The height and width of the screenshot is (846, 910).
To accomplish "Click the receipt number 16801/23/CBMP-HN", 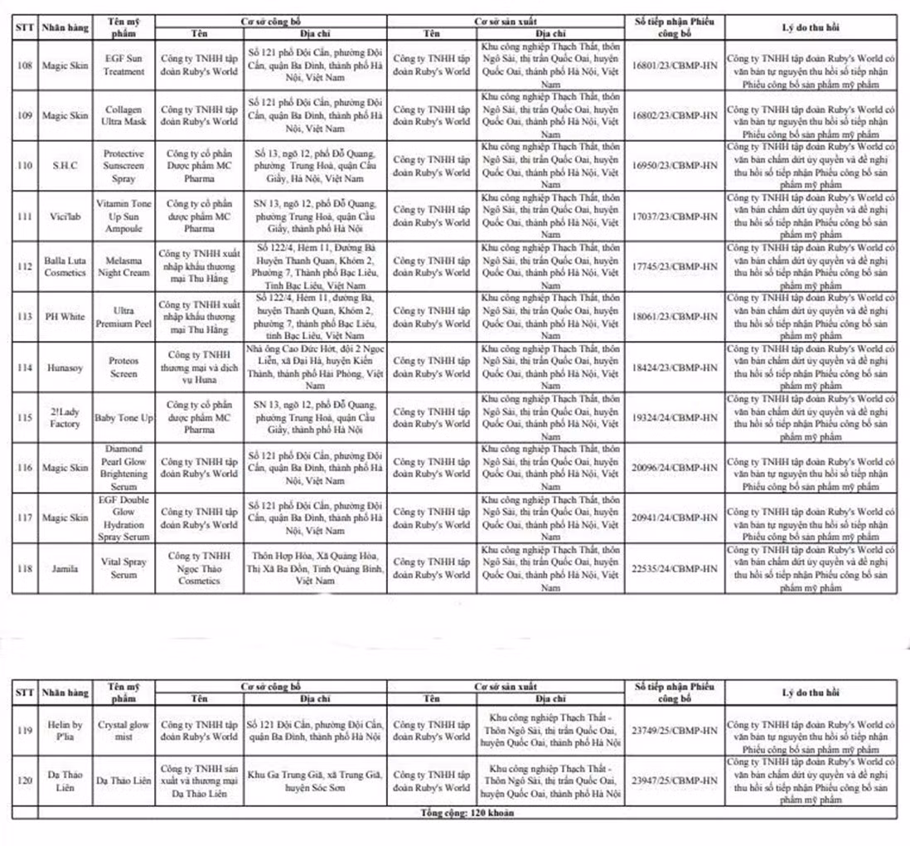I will (x=674, y=66).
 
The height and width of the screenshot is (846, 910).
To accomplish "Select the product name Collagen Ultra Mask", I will (x=123, y=115).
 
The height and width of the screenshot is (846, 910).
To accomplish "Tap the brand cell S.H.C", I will (x=65, y=165).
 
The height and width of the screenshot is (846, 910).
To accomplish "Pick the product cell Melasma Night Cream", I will (x=123, y=266).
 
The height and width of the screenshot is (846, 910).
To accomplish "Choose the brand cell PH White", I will (x=65, y=317).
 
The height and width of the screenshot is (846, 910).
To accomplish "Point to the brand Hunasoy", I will (x=65, y=367).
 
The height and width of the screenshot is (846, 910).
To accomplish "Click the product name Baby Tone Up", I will (x=123, y=418).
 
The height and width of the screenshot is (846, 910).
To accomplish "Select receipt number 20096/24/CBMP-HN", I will (x=674, y=468).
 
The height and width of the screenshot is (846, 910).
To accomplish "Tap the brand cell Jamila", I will (x=65, y=569).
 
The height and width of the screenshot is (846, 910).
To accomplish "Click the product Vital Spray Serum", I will (x=123, y=568).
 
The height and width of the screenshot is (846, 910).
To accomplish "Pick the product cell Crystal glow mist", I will (x=123, y=730).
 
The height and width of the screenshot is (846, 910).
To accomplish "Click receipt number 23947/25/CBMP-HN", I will (x=674, y=780).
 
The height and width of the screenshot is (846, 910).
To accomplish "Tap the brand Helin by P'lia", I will (x=65, y=730).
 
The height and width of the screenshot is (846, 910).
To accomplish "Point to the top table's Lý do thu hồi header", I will (x=810, y=27).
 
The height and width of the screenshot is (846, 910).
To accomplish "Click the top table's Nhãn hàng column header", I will (x=65, y=27).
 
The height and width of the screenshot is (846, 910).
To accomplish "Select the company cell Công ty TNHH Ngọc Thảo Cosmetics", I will (x=199, y=568).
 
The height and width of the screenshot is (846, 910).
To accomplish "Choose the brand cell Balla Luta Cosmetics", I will (x=65, y=266).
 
